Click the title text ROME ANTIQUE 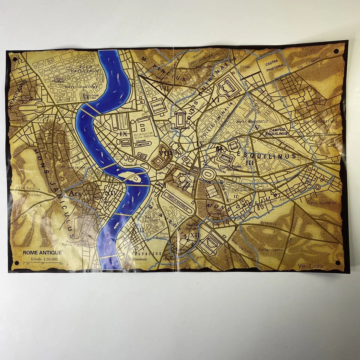pyautogui.click(x=42, y=253)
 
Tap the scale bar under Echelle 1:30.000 pyautogui.click(x=42, y=264)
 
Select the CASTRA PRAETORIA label pyautogui.click(x=274, y=67)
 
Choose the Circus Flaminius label pyautogui.click(x=142, y=143)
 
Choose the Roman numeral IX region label pyautogui.click(x=123, y=133)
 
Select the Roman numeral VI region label pyautogui.click(x=215, y=100)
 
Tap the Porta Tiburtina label pyautogui.click(x=319, y=121)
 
